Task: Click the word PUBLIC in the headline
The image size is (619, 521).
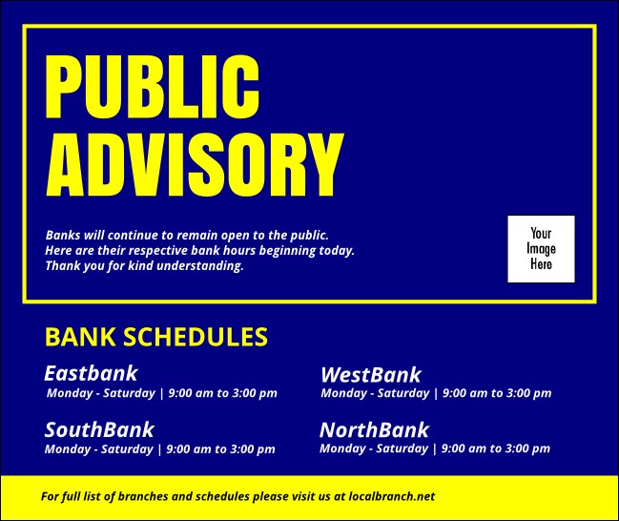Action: pos(153,88)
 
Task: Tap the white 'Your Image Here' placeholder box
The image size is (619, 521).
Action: pos(541,248)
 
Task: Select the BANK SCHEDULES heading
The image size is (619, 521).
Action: pos(156,336)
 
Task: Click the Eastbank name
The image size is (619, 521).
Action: pos(91,373)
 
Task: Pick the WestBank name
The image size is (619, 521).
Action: pos(370,375)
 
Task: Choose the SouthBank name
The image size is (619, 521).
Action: pos(99,429)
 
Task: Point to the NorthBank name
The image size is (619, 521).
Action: pos(374,429)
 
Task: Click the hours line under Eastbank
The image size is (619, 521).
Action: pos(161,393)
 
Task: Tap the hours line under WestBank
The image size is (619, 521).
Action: pos(436,393)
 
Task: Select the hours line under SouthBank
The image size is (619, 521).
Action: pos(159,449)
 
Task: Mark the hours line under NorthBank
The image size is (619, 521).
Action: pos(434,448)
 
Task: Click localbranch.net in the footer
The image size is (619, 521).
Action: pos(392,496)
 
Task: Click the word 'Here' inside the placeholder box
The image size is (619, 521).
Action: pos(541,264)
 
